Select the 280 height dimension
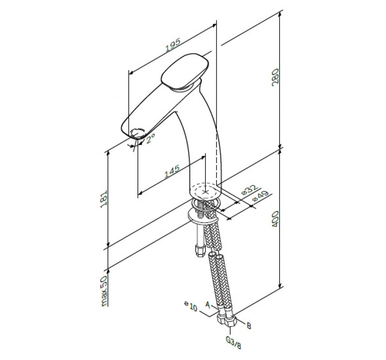275,77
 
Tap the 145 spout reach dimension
172,171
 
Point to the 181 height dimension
104,199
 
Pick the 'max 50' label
105,291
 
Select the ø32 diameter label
249,189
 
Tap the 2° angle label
150,139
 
